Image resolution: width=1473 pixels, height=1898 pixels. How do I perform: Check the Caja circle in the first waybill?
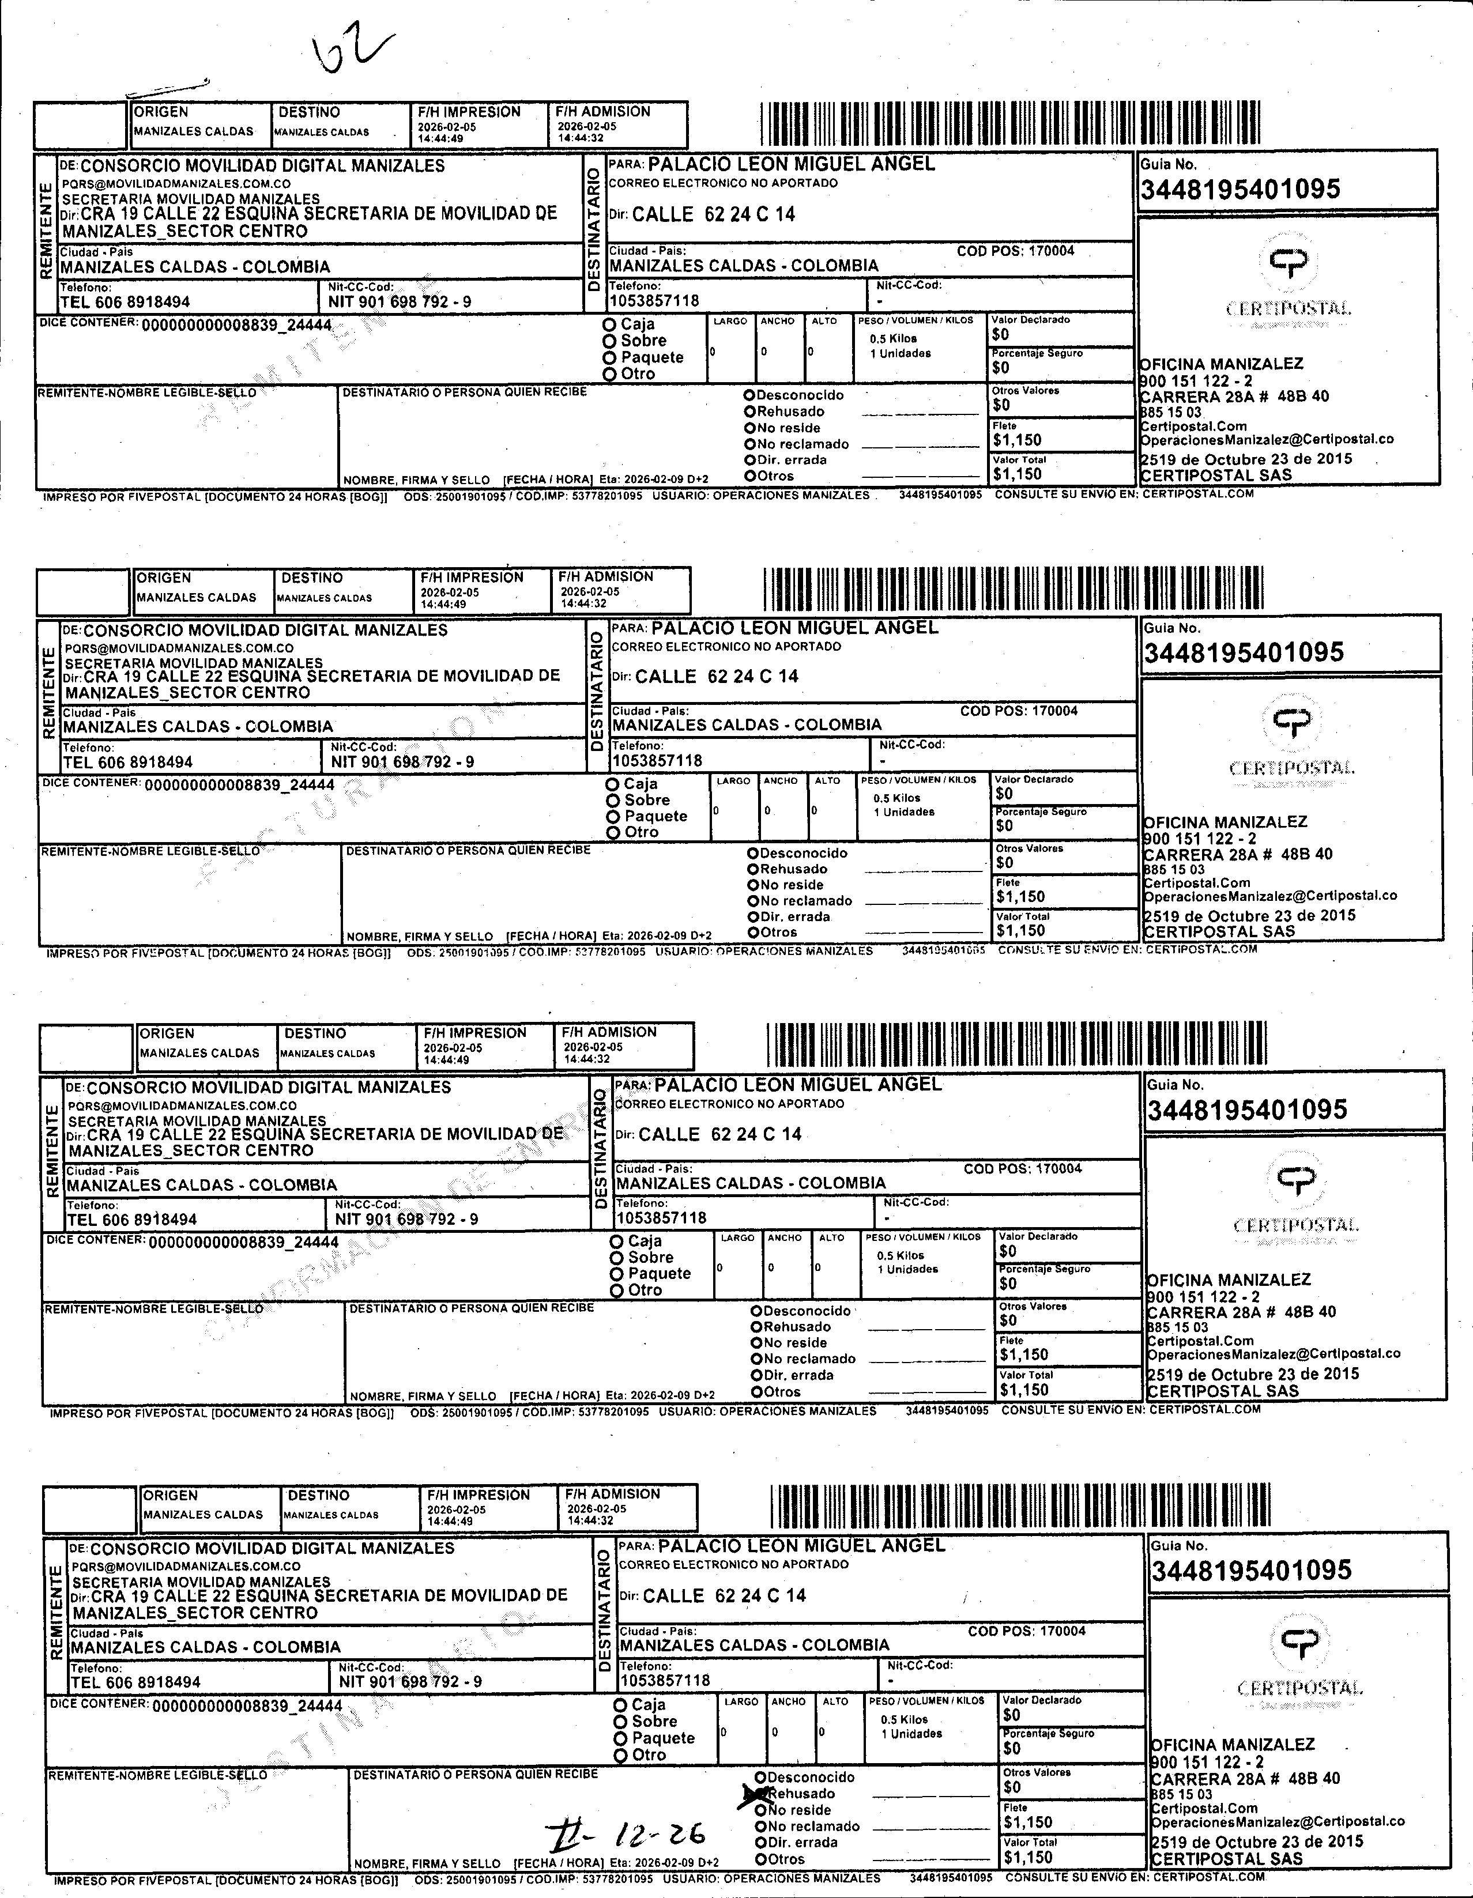pos(609,324)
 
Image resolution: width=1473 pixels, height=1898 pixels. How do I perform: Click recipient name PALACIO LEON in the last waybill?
pos(800,1546)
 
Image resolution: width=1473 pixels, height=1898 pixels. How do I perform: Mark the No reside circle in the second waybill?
pos(754,885)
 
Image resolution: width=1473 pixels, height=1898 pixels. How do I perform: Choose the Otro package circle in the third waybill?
pos(616,1291)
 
